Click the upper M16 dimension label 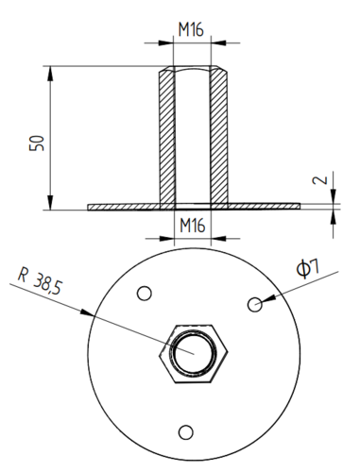pos(191,29)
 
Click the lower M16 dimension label pos(193,226)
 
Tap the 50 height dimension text pos(37,143)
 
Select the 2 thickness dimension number pos(320,180)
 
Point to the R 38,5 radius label pos(41,280)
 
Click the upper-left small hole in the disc pos(145,294)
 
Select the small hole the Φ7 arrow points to pos(255,304)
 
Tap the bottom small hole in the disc pos(186,432)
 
